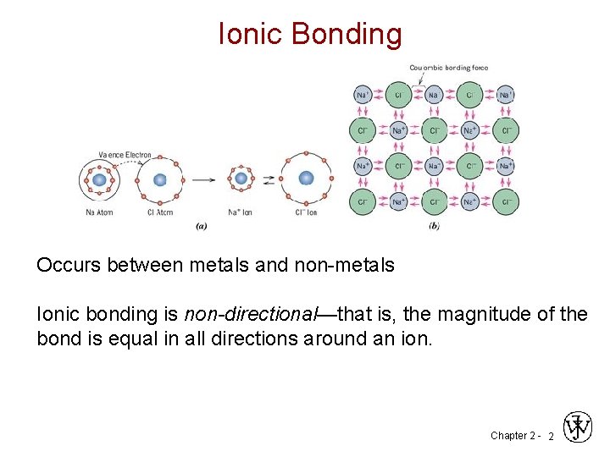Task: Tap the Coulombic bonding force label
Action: (x=448, y=68)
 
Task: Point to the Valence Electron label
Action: (x=125, y=155)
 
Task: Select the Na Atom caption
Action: (x=98, y=212)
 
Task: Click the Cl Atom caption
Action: (x=158, y=212)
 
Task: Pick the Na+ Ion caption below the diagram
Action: (x=241, y=212)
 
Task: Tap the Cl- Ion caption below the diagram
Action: (x=308, y=212)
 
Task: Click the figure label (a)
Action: (x=202, y=225)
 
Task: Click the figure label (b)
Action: (x=434, y=225)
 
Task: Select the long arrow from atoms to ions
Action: (x=202, y=179)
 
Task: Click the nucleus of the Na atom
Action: (x=99, y=179)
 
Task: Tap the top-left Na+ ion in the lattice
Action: (x=362, y=95)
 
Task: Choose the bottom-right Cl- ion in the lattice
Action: (x=506, y=202)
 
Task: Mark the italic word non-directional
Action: (x=249, y=315)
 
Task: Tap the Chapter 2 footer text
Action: (x=513, y=436)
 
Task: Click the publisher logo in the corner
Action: (x=578, y=427)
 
